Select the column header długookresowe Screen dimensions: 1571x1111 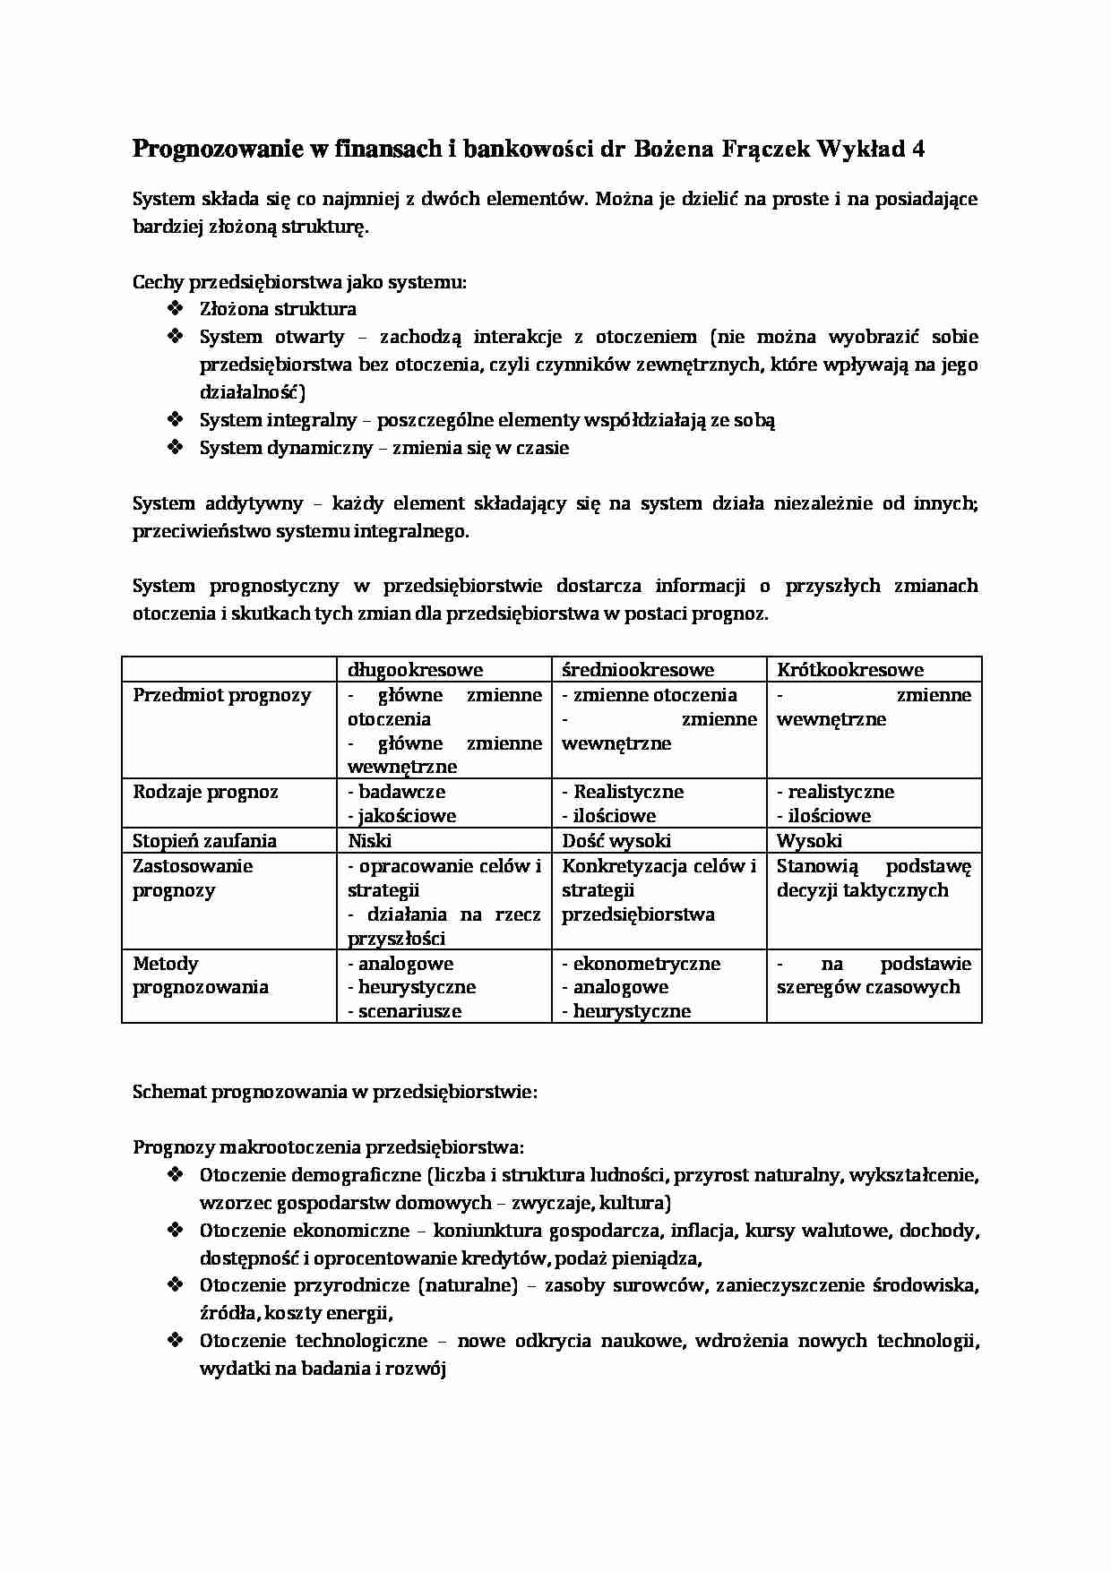415,670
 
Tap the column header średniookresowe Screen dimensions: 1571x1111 638,670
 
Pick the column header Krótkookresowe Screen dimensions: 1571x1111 849,670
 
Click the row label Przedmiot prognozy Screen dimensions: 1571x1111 222,695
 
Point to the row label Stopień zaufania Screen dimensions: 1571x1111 204,841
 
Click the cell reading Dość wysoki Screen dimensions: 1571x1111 616,841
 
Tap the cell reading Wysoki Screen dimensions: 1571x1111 808,841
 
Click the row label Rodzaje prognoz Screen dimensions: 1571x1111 205,792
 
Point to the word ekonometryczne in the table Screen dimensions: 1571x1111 646,964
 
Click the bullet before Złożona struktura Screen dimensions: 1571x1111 174,309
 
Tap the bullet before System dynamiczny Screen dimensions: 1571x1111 174,448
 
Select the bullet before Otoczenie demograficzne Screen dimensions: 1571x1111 174,1175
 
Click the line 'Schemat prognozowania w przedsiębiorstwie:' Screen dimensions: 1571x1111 334,1093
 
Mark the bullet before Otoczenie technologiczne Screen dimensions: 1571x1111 174,1341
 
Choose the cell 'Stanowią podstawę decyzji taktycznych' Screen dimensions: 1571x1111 873,879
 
